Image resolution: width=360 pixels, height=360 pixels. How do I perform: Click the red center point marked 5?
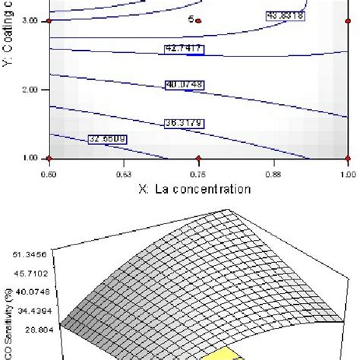[197, 21]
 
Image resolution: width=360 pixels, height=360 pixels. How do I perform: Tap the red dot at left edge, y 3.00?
[49, 21]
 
